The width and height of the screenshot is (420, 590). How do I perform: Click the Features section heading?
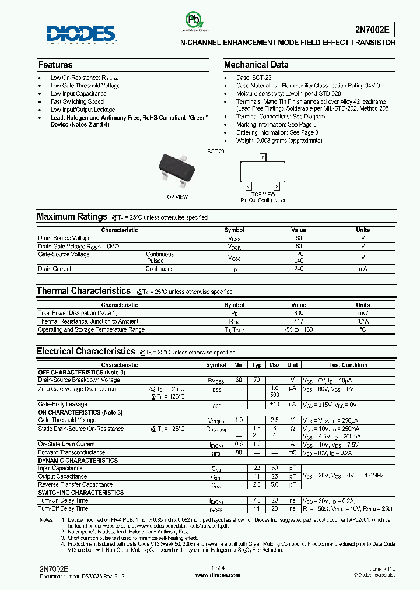click(55, 65)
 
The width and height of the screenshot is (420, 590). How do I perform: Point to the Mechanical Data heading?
click(256, 65)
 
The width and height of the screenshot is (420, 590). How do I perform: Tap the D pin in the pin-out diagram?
click(263, 158)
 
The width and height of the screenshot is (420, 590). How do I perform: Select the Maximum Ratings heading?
click(72, 217)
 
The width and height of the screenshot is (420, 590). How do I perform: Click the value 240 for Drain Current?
click(298, 269)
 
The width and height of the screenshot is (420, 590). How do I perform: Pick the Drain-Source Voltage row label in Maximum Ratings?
click(65, 238)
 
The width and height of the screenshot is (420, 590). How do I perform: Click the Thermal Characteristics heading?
click(83, 290)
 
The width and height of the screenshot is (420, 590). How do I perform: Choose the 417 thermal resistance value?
click(298, 321)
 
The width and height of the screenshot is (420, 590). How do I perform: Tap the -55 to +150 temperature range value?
click(298, 329)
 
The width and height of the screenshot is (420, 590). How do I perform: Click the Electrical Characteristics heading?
click(86, 352)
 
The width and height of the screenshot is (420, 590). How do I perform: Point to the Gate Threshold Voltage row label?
click(68, 420)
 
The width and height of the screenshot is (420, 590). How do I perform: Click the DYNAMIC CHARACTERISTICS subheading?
click(70, 461)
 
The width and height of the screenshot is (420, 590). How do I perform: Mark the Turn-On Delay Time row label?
click(64, 500)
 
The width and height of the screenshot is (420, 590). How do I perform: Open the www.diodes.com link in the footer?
click(218, 575)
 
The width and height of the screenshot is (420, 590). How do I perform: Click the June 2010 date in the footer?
click(382, 568)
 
